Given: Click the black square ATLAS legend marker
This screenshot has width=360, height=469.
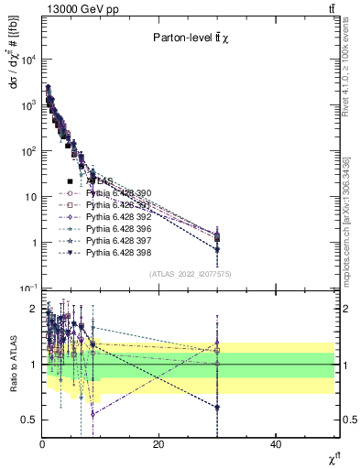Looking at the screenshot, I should tap(70, 181).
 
